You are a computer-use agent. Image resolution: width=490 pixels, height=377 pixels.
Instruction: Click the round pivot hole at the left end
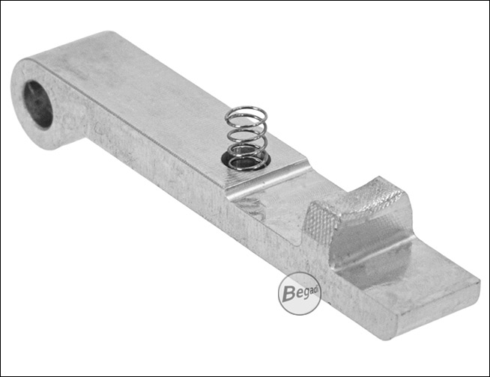pos(38,104)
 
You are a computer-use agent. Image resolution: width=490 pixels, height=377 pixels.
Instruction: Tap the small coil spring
pos(246,139)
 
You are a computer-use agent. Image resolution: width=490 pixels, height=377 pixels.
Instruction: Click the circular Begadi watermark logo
pos(300,293)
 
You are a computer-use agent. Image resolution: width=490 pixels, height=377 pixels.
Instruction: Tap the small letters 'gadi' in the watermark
pos(306,292)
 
